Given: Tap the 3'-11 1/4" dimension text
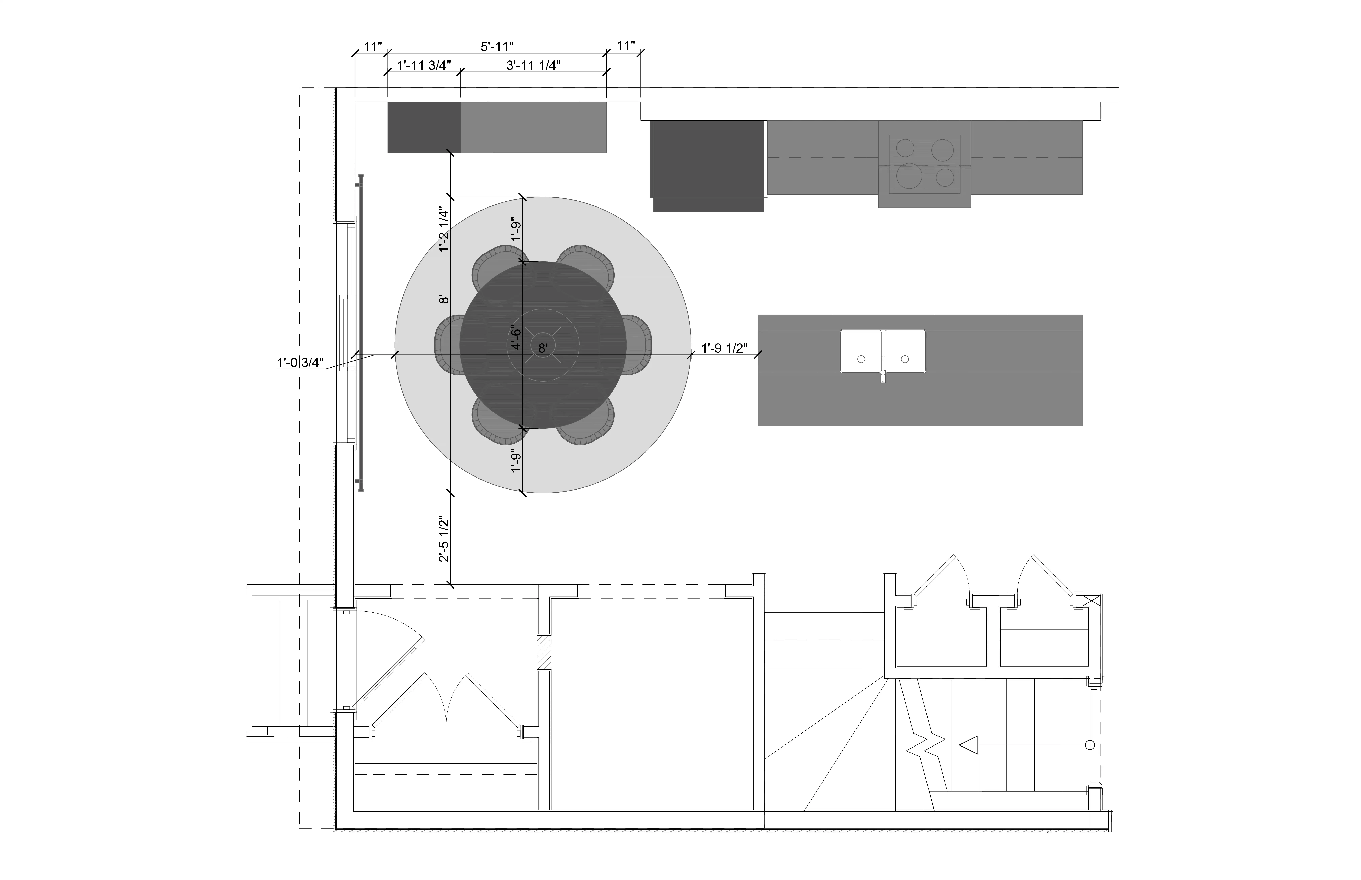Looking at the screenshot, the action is (x=533, y=65).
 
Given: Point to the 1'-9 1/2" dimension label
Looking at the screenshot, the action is (x=724, y=348).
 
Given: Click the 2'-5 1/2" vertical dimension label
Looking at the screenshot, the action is (x=444, y=539).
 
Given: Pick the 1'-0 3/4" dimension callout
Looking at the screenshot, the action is (x=300, y=362).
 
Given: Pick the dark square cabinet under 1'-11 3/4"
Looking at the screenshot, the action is (x=424, y=127).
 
